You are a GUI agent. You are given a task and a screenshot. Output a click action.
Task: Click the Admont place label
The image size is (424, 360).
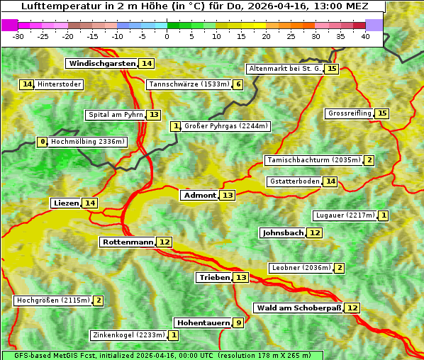click(x=199, y=196)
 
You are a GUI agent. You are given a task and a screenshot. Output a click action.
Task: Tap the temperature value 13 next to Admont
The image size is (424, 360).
click(x=227, y=196)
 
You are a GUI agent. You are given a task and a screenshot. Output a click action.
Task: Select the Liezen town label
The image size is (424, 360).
click(x=66, y=203)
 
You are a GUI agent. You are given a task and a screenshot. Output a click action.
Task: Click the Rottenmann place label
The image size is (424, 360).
click(x=128, y=242)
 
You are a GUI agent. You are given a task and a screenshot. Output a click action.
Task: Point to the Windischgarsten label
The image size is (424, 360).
click(x=101, y=64)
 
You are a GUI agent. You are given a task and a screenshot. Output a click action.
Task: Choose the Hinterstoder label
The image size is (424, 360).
click(x=60, y=84)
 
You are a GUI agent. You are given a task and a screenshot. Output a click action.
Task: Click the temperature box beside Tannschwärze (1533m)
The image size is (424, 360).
click(x=238, y=85)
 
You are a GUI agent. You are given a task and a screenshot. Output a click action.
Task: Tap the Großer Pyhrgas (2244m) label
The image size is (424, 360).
click(x=225, y=126)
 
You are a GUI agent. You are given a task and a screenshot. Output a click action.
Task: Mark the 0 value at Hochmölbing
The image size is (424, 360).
click(x=43, y=142)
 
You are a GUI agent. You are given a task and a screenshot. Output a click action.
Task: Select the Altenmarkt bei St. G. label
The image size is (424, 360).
click(x=284, y=69)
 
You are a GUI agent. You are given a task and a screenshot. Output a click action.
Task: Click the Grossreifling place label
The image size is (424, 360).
click(x=349, y=113)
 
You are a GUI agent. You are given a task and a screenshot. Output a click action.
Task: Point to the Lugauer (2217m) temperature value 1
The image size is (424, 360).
click(x=384, y=215)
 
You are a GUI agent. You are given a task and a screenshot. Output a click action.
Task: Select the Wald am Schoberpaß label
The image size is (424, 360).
click(x=299, y=308)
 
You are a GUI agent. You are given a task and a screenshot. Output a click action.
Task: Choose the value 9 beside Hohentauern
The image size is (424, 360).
click(x=239, y=323)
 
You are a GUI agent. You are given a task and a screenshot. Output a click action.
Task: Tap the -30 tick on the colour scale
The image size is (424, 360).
click(x=18, y=35)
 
